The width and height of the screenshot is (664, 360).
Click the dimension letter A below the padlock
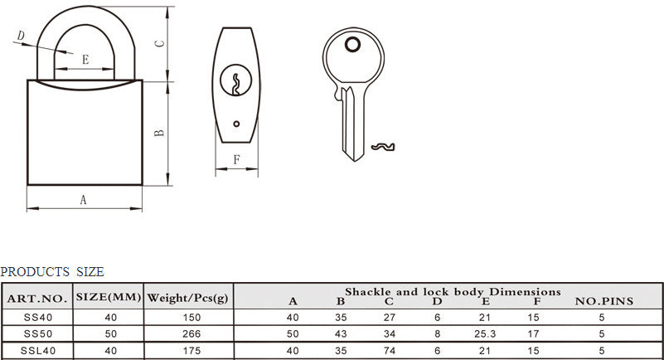(83, 199)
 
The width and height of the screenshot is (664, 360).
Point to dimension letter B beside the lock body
(159, 133)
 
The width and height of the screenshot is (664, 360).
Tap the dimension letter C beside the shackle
(159, 43)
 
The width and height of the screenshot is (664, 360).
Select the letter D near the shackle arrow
(21, 36)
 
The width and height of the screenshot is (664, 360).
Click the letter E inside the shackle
(85, 59)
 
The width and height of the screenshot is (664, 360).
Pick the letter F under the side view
(237, 159)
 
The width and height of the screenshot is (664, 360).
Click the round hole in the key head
(352, 44)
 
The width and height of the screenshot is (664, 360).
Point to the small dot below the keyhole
(236, 124)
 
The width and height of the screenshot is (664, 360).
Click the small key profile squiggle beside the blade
(383, 147)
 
